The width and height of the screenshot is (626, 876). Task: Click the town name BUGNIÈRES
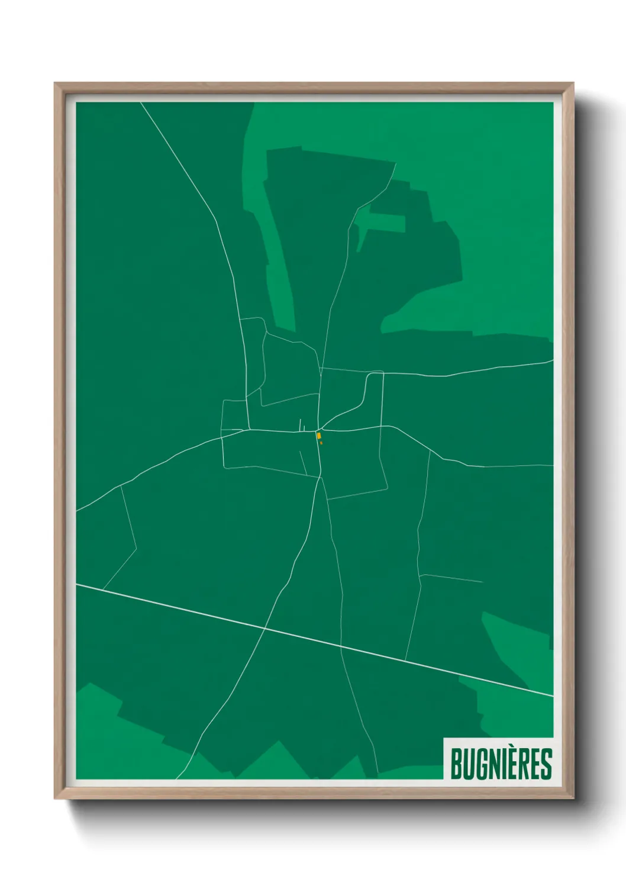tap(501, 764)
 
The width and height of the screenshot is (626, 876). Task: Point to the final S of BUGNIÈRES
tap(546, 764)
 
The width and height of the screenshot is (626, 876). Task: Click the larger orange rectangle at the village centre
tap(319, 436)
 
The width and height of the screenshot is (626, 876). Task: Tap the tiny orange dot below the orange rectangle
tap(321, 443)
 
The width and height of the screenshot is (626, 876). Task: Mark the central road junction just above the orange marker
tap(319, 429)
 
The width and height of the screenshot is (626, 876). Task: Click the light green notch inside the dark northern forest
tap(382, 224)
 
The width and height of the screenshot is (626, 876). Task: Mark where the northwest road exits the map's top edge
tap(141, 103)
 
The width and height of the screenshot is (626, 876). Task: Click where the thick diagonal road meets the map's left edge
tap(78, 584)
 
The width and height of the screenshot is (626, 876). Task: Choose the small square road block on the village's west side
tap(234, 414)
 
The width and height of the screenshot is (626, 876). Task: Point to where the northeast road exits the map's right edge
tap(552, 360)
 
